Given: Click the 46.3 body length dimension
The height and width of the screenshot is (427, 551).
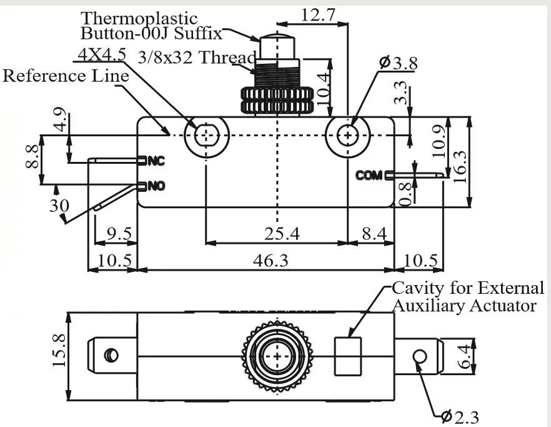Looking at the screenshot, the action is [271, 261].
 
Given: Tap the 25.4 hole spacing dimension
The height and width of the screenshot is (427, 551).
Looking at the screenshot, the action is [282, 234].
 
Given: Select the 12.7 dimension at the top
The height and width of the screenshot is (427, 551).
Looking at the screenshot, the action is [319, 15].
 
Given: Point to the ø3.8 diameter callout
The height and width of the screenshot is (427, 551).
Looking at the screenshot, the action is [399, 63].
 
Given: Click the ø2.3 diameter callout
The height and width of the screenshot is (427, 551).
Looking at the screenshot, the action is [460, 417].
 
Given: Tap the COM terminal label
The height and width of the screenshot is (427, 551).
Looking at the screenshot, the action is [369, 175].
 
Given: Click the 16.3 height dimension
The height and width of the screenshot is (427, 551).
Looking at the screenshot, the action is [460, 166].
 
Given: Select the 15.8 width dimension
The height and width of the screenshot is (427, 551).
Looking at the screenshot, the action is [59, 350].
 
